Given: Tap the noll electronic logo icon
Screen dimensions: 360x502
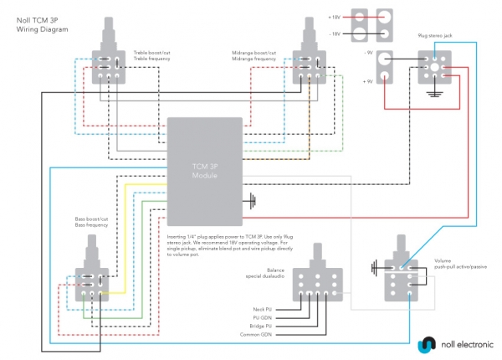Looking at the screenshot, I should pos(428,343).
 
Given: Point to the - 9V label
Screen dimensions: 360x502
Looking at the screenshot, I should pos(366,53).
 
